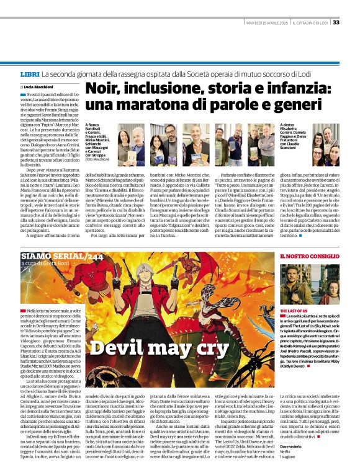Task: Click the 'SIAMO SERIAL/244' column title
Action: point(53,255)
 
